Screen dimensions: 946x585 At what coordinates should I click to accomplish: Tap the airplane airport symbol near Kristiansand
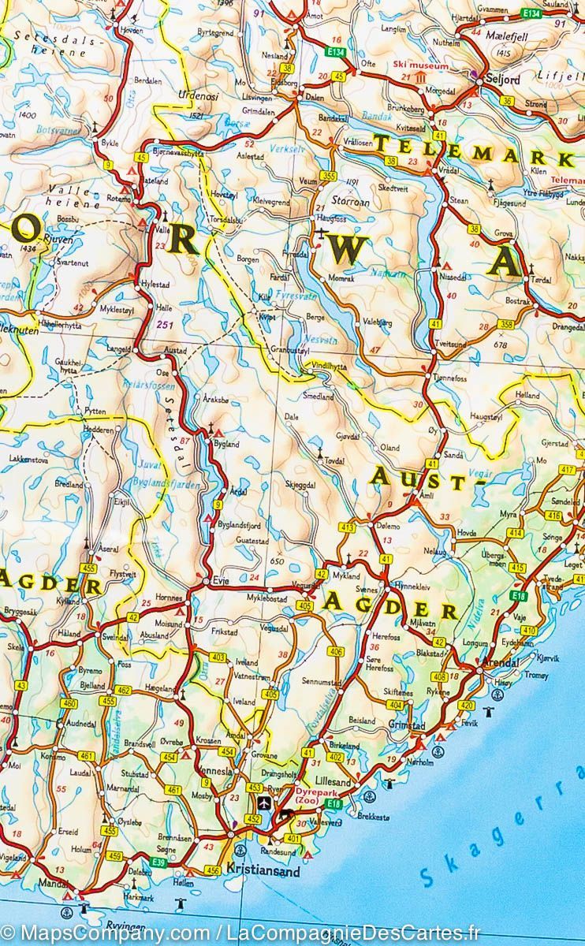pos(264,803)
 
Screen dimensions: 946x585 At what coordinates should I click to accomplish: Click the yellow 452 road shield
pos(254,819)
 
